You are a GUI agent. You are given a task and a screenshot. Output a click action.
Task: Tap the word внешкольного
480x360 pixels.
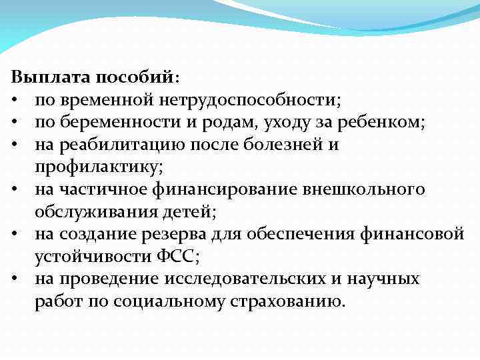363,189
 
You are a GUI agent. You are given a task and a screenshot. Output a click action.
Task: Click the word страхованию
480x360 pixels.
291,301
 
